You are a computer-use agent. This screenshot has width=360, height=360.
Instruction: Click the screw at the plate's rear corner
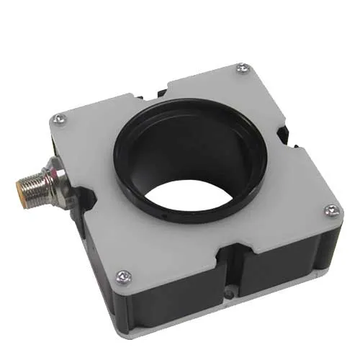243,69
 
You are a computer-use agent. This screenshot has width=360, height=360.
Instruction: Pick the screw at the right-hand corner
330,210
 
